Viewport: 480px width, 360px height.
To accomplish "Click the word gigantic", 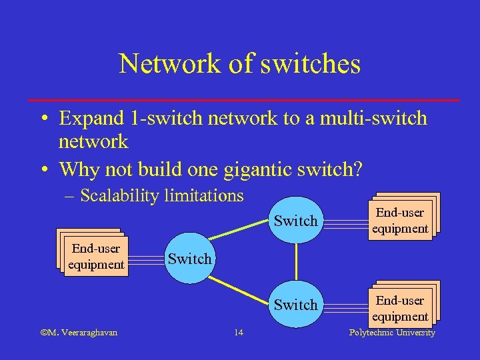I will pyautogui.click(x=261, y=169).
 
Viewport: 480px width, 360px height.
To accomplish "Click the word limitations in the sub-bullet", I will pyautogui.click(x=208, y=195).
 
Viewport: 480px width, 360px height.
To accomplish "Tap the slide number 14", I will pyautogui.click(x=239, y=333).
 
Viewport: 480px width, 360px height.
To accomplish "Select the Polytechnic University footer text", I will pyautogui.click(x=392, y=333).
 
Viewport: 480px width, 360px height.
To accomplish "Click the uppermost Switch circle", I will pyautogui.click(x=295, y=221).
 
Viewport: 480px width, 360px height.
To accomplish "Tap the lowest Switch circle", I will pyautogui.click(x=295, y=305).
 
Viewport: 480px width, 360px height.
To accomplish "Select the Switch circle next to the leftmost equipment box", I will pyautogui.click(x=189, y=259).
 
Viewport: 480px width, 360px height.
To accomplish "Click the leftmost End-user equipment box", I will pyautogui.click(x=95, y=256).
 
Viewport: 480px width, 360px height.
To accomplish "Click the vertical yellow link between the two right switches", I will pyautogui.click(x=296, y=263).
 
